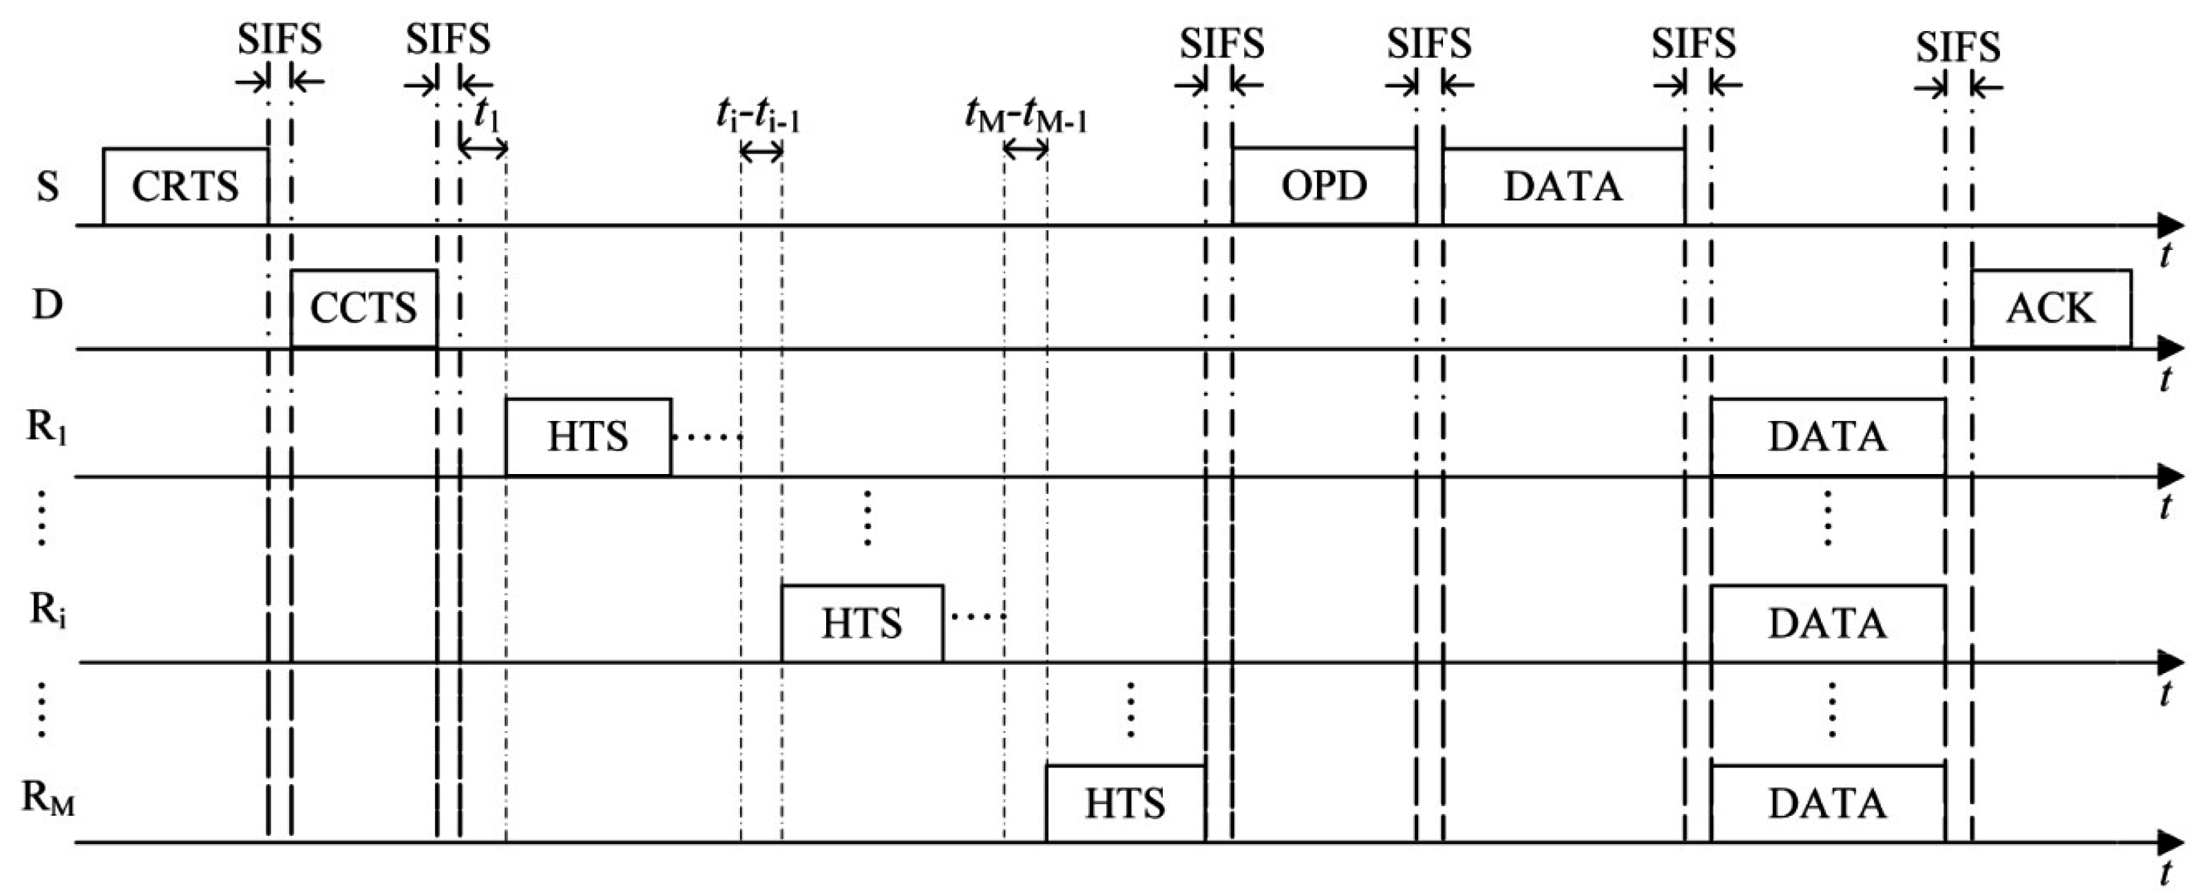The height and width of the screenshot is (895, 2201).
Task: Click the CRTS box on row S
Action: coord(185,186)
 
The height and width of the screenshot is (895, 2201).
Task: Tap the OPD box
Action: coord(1323,186)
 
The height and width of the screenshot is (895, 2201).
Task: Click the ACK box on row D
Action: coord(2051,309)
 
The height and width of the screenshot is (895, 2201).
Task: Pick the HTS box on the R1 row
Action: coord(588,437)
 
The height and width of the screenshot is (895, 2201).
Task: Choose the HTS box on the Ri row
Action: coord(862,623)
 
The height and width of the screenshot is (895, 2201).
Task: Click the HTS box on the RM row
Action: coord(1125,803)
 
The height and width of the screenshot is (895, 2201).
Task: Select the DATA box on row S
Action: coord(1563,186)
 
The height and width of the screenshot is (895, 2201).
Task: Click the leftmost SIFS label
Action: coord(280,40)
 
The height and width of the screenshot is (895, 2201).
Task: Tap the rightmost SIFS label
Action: coord(1957,46)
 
